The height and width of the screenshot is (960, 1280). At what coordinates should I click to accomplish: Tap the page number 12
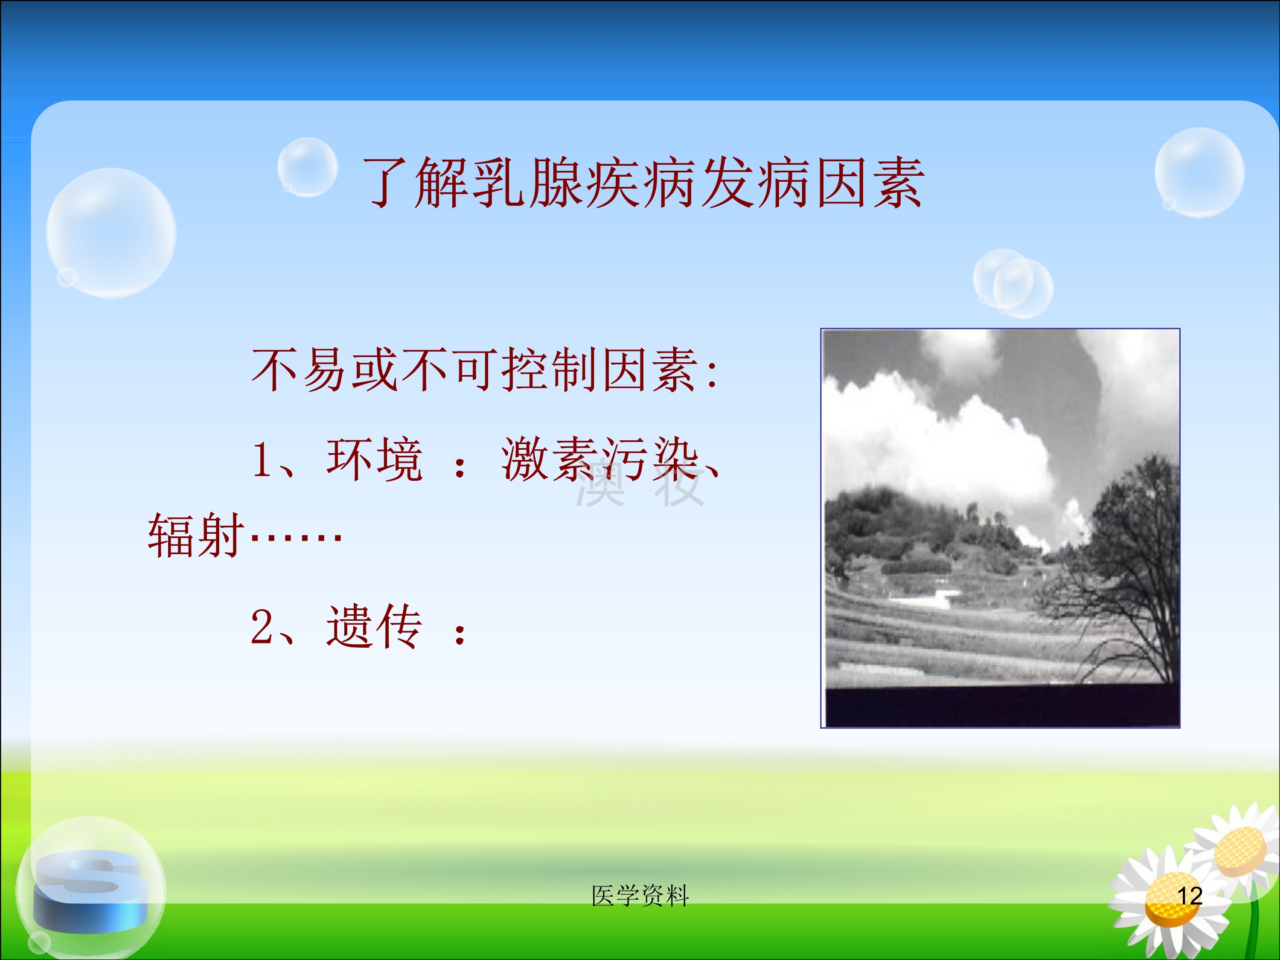(x=1190, y=896)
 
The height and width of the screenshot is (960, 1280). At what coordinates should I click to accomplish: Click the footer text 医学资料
(x=640, y=896)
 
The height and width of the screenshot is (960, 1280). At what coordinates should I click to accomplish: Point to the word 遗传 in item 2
(x=374, y=627)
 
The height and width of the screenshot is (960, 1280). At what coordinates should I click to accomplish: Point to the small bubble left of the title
(x=307, y=167)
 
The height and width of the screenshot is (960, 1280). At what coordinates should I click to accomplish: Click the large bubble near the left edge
(x=111, y=233)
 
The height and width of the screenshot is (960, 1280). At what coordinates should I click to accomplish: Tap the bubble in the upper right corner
(x=1199, y=172)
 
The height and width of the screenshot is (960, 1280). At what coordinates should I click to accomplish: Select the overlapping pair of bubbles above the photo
(x=1012, y=283)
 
